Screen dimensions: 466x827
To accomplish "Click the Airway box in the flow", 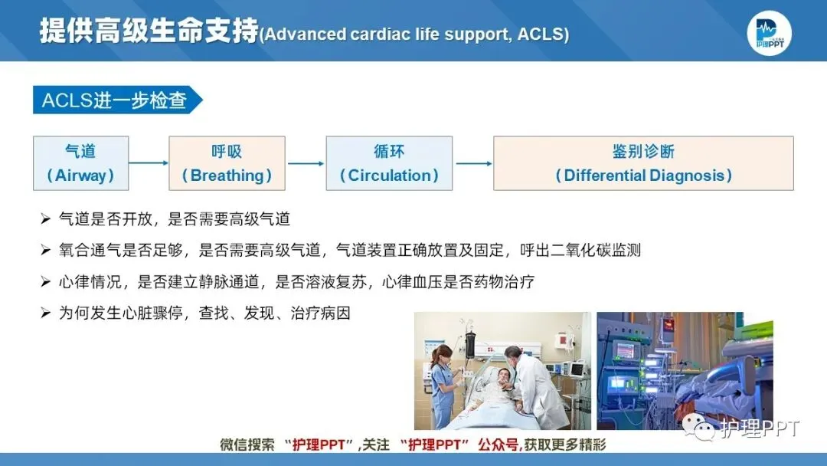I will tap(80, 163).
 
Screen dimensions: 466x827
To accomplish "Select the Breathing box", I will tap(227, 163).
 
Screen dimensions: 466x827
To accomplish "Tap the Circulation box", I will tap(389, 163).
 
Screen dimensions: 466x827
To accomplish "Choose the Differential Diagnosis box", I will tap(643, 163).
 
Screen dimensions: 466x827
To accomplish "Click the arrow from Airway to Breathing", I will tap(148, 162).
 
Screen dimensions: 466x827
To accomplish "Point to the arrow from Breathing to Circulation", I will tap(306, 162).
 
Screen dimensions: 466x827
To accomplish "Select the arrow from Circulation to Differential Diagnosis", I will tap(473, 162).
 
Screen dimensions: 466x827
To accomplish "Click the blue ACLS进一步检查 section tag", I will tap(115, 100).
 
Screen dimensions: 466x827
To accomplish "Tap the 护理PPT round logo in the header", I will tap(769, 33).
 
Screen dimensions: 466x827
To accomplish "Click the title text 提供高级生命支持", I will tap(149, 32).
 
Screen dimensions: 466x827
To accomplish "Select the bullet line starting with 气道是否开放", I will tap(175, 219).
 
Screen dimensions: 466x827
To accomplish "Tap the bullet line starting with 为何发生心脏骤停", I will tap(204, 313).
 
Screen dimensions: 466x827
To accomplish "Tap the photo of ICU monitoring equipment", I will tap(685, 370).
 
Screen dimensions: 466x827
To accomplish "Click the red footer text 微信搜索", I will tap(247, 445).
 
